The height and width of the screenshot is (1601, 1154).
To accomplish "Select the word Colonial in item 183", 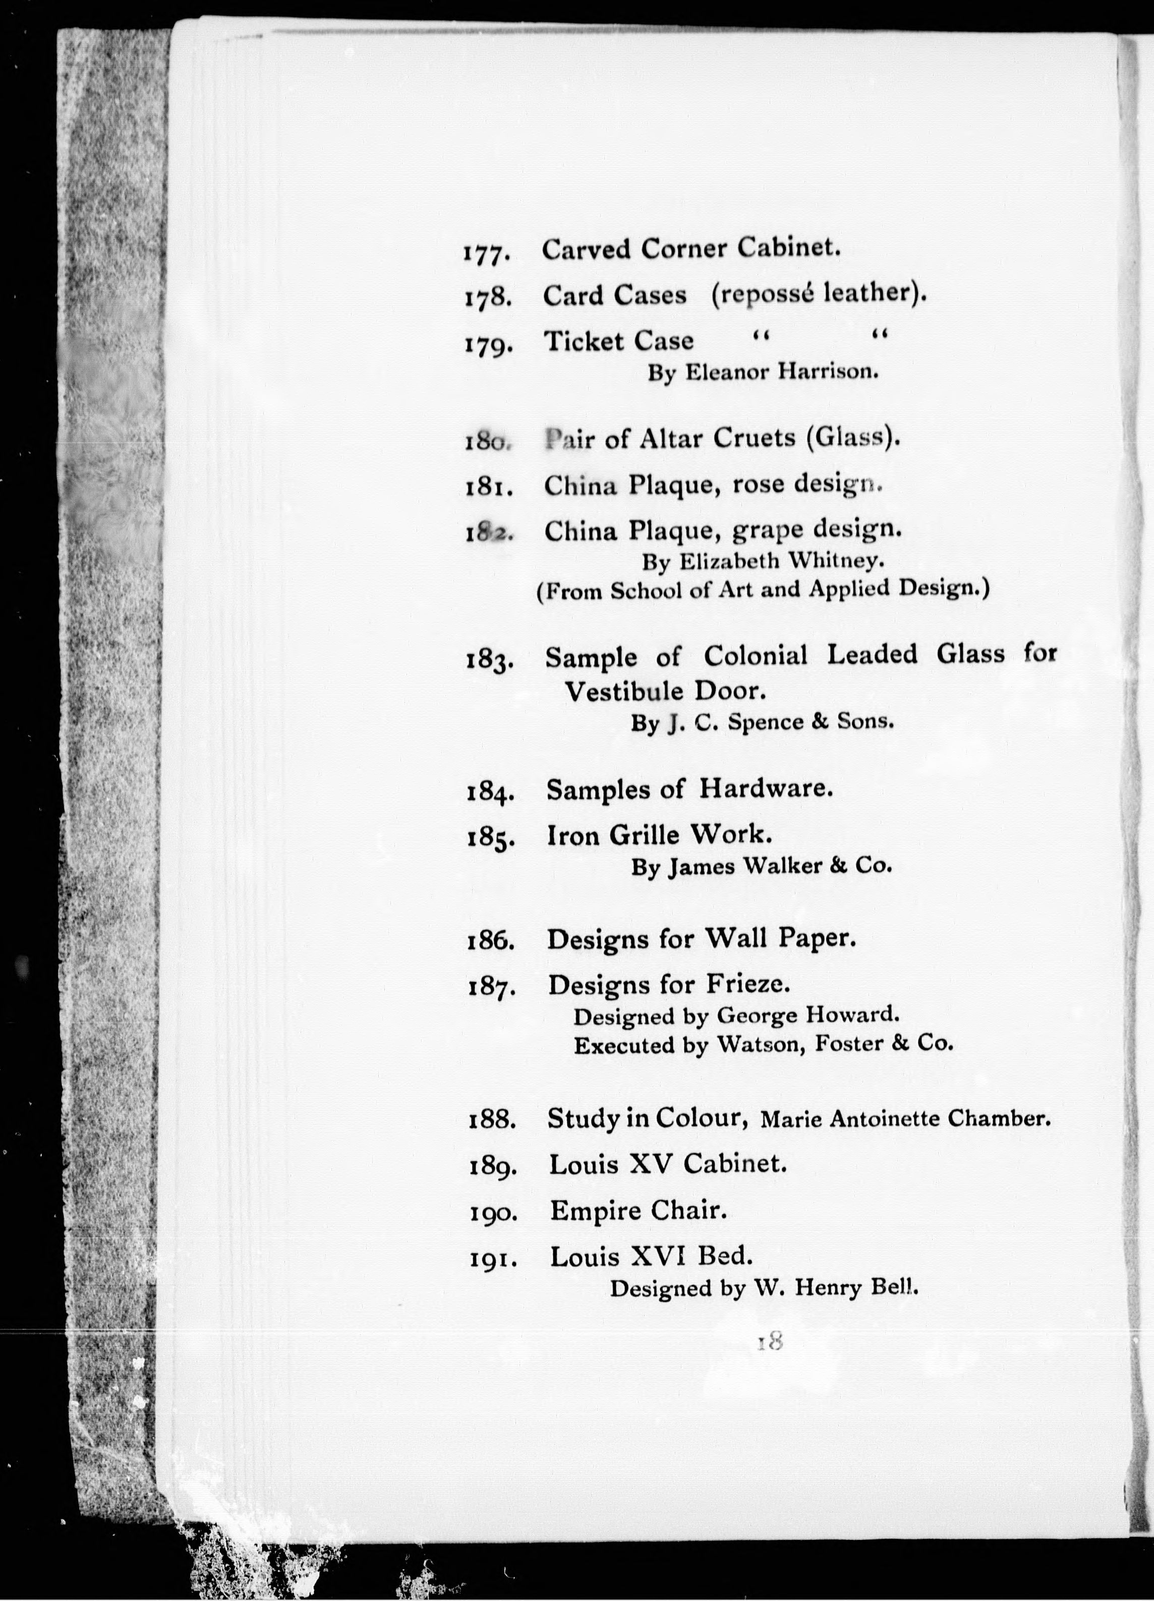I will (755, 656).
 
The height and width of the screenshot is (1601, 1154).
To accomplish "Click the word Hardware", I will (766, 788).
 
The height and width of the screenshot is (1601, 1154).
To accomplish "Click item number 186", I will (491, 941).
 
